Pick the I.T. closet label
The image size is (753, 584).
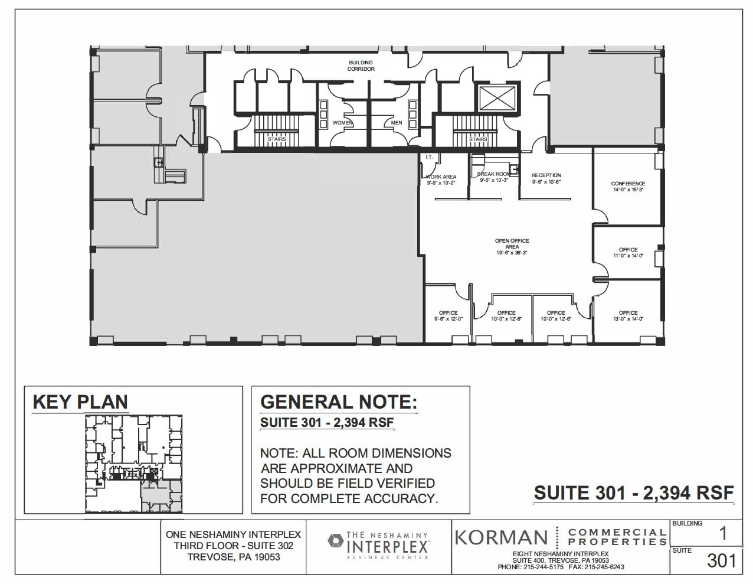(x=429, y=157)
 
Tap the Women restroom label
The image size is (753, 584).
(x=342, y=123)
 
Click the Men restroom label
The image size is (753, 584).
(x=397, y=123)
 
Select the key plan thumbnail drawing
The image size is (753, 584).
(x=134, y=463)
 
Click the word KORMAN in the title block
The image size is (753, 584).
(x=501, y=537)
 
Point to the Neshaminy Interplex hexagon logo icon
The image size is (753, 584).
(x=336, y=540)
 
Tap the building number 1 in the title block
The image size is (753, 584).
(x=722, y=534)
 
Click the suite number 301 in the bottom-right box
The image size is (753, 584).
(x=721, y=560)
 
